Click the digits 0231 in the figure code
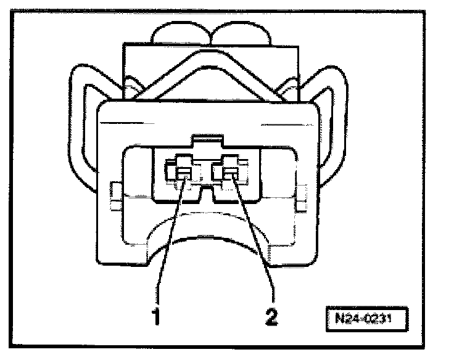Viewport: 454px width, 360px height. (x=378, y=321)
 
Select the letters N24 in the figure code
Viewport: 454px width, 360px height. (x=348, y=321)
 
